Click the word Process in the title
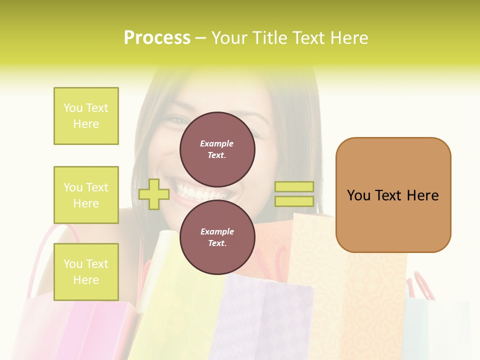click(x=157, y=38)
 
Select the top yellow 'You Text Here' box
click(x=86, y=116)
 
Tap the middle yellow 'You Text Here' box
click(x=86, y=195)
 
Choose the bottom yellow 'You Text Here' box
click(x=86, y=272)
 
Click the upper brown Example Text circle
click(x=217, y=149)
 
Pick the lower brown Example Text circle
click(x=217, y=237)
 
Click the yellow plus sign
click(x=154, y=194)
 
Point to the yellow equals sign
click(x=294, y=194)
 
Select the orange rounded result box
click(x=393, y=195)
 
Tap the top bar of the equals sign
click(x=294, y=187)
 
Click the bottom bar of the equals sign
click(x=294, y=201)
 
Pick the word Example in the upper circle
click(x=217, y=143)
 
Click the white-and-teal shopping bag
click(x=435, y=325)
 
